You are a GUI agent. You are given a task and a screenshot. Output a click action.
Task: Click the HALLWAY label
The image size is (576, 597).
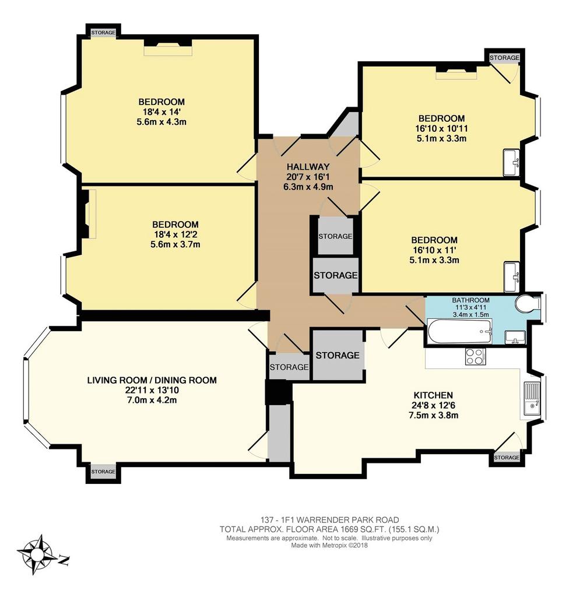click(308, 167)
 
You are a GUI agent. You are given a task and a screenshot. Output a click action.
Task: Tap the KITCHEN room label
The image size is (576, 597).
click(433, 395)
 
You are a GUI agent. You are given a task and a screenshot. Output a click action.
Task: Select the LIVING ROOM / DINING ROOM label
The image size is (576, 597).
click(152, 380)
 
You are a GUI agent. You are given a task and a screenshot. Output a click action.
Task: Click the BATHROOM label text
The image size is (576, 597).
click(471, 300)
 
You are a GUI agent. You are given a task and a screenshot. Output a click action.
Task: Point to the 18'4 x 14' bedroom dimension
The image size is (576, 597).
click(161, 112)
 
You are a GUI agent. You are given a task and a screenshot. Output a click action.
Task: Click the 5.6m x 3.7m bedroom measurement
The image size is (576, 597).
click(175, 244)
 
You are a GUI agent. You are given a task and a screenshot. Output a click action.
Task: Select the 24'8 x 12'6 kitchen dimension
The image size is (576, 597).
click(433, 405)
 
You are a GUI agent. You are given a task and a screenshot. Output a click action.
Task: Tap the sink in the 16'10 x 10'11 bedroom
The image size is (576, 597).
click(512, 163)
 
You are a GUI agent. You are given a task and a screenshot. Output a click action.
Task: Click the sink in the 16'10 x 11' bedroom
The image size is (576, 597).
click(512, 277)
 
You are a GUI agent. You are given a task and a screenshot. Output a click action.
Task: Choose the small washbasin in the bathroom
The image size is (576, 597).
click(515, 338)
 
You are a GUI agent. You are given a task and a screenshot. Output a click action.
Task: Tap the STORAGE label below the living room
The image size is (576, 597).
click(103, 472)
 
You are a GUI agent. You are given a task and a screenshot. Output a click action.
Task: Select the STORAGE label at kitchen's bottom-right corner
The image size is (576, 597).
click(507, 457)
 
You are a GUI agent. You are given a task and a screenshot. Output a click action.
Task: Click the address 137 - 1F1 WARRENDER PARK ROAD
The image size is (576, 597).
click(330, 519)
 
